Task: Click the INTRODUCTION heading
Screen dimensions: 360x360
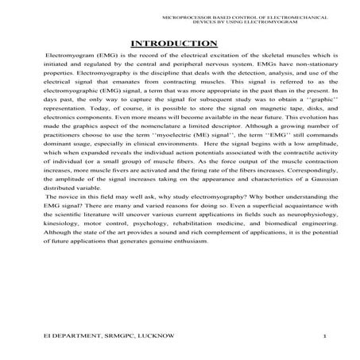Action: (x=179, y=43)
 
